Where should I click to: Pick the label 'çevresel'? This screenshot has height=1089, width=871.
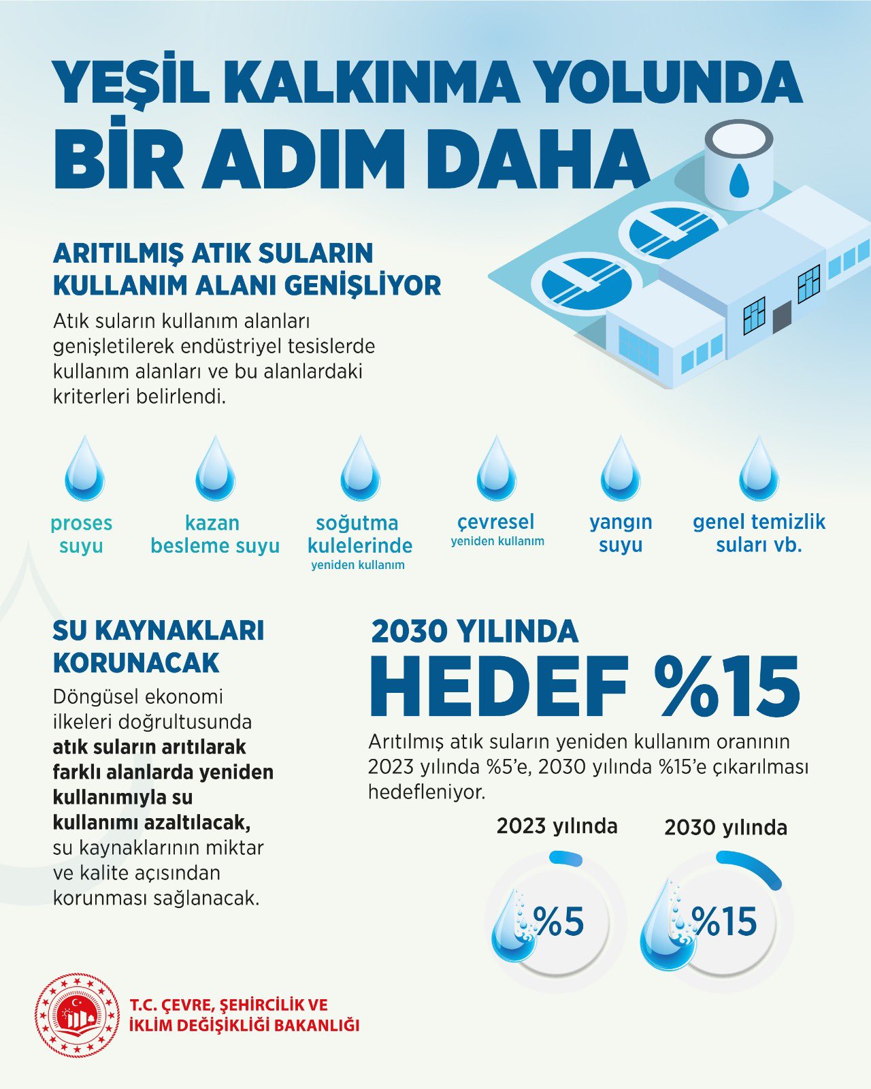[x=496, y=522]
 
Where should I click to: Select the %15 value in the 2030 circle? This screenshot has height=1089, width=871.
[x=725, y=922]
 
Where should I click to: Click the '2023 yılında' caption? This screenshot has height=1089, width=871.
[x=557, y=826]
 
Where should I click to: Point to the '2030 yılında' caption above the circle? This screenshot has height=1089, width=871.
[x=725, y=828]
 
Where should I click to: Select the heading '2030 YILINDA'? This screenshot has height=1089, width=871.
[x=474, y=632]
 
